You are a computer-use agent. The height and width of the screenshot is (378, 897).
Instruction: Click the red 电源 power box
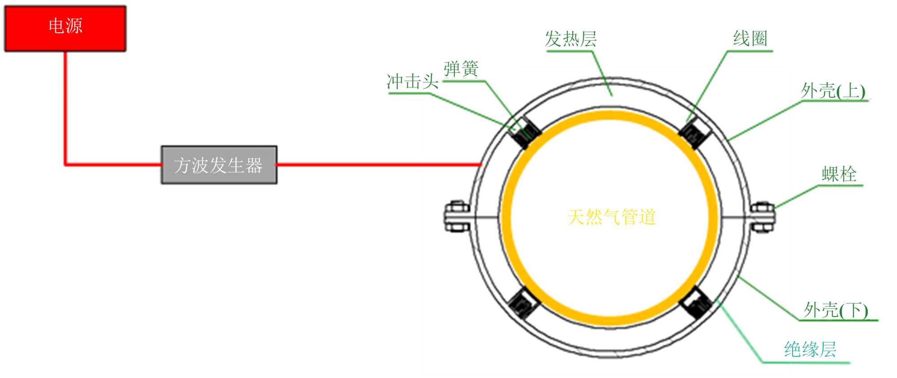65,28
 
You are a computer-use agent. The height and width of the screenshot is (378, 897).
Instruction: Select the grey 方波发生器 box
219,165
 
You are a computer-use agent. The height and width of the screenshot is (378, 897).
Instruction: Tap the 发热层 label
570,39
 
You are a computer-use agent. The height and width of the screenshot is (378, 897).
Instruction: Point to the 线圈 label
750,39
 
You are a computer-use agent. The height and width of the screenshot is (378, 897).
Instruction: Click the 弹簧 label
461,69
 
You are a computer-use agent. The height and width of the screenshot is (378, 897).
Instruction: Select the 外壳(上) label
833,91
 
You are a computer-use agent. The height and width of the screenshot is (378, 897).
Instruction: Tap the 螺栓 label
839,174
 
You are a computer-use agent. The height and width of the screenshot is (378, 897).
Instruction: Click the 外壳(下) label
836,310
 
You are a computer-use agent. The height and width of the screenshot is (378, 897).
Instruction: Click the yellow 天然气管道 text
611,217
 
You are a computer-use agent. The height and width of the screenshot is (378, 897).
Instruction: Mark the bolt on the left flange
457,217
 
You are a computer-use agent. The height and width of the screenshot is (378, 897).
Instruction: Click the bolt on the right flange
762,217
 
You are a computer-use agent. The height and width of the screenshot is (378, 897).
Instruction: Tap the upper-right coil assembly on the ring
694,132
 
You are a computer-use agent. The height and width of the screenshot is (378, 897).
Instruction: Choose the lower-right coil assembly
696,302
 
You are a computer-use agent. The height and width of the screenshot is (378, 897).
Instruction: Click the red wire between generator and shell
379,165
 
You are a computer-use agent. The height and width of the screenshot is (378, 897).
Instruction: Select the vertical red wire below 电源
65,108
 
